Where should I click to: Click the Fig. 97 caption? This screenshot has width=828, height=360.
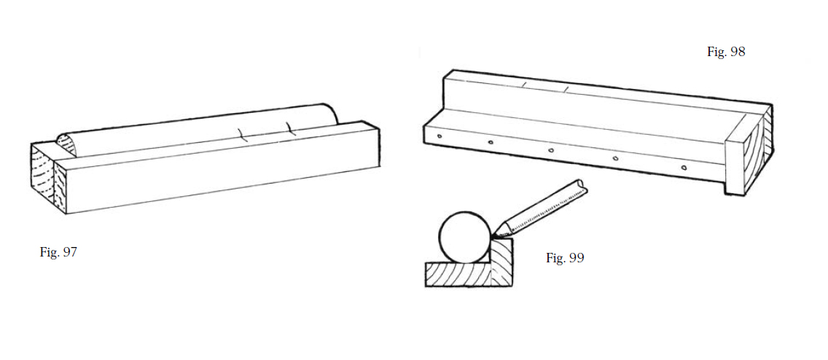58,252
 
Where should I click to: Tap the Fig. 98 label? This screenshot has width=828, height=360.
726,52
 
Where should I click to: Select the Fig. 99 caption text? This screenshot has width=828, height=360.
565,258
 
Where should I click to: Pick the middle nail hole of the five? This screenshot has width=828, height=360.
551,150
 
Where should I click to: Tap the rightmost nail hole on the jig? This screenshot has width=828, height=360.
683,168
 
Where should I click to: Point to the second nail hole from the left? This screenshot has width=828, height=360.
491,142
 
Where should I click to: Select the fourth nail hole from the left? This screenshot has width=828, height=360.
615,158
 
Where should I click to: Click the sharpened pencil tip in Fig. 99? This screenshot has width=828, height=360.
492,237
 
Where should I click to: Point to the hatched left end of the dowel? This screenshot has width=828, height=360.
66,145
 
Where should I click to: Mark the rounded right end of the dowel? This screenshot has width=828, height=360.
332,114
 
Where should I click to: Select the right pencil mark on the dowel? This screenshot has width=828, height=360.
290,128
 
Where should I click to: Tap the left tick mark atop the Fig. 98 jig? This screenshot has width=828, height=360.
524,85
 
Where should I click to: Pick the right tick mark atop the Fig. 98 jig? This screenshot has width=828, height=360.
566,87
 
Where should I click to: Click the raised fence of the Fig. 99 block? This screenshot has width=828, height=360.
501,262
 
